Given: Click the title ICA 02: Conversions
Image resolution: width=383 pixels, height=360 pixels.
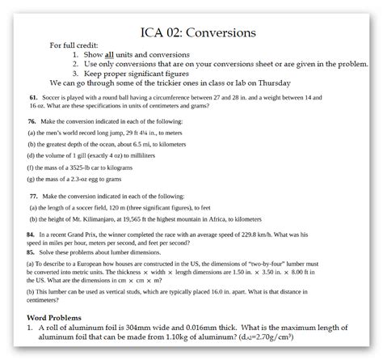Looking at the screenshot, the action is pyautogui.click(x=191, y=32).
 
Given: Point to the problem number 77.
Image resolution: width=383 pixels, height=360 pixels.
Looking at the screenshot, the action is pyautogui.click(x=33, y=196).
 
